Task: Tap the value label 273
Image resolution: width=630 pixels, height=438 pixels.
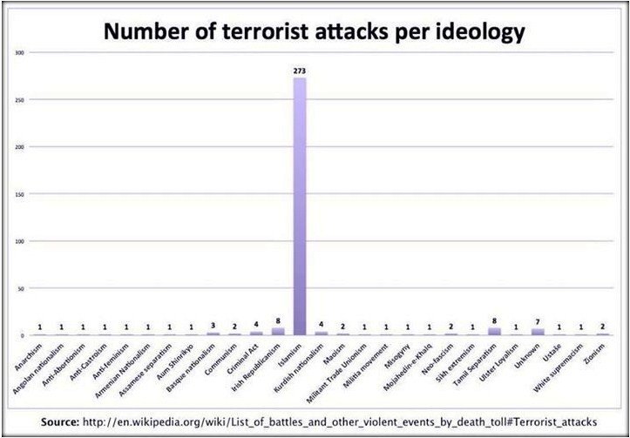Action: pyautogui.click(x=300, y=71)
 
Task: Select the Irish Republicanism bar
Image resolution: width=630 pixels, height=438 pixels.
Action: pyautogui.click(x=278, y=331)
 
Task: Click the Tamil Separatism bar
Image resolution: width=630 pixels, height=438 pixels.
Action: pyautogui.click(x=495, y=331)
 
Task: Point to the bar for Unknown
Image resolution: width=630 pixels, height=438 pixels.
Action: pyautogui.click(x=538, y=332)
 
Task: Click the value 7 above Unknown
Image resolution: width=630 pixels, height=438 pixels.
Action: pyautogui.click(x=539, y=322)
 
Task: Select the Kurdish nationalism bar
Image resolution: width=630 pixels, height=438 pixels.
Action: pyautogui.click(x=322, y=333)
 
